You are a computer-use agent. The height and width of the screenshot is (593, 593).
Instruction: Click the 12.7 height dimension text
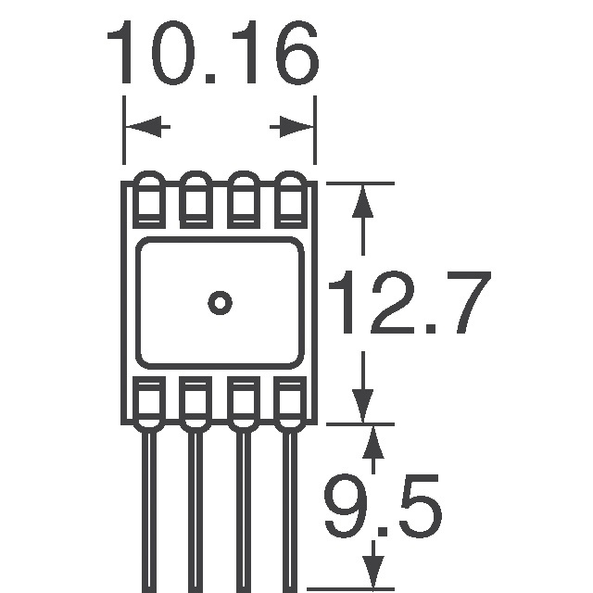click(408, 304)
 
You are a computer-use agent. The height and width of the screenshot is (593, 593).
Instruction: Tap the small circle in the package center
click(220, 302)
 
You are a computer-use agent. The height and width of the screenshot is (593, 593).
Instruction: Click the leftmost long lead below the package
click(148, 510)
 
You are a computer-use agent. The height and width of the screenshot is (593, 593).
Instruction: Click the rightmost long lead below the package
click(291, 510)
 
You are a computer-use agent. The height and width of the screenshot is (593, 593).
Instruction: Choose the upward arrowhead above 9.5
click(373, 443)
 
